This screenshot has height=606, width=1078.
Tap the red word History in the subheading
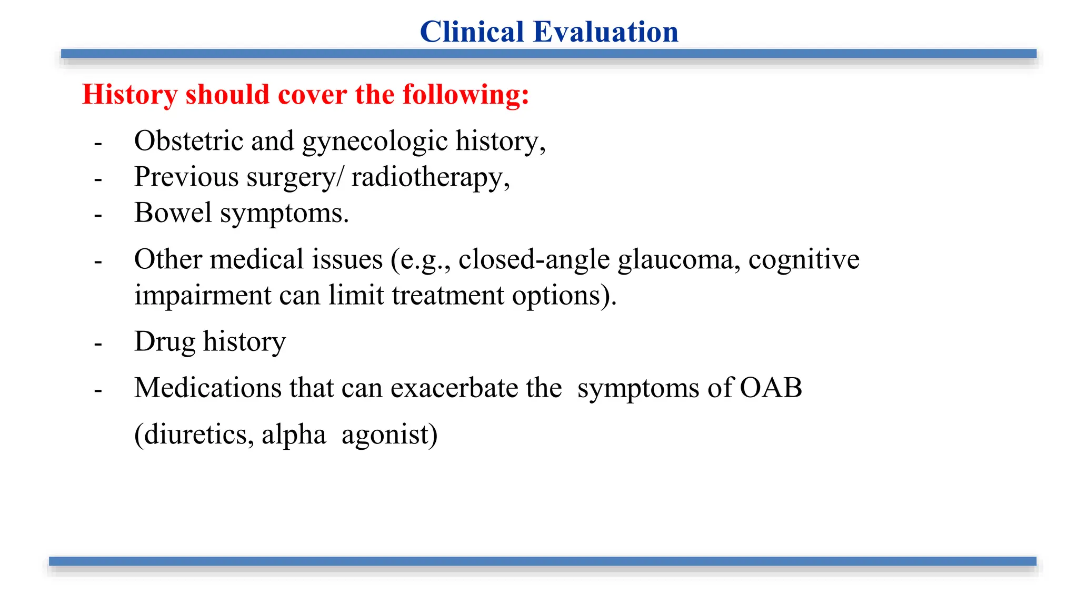(x=129, y=95)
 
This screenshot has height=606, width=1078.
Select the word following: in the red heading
(x=466, y=95)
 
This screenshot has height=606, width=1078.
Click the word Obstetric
(x=188, y=141)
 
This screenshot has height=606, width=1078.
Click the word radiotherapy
(x=430, y=177)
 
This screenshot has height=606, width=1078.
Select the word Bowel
(x=173, y=213)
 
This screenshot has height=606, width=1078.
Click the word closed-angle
(x=534, y=260)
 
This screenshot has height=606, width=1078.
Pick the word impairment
(x=202, y=296)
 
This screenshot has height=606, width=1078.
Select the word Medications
(x=207, y=388)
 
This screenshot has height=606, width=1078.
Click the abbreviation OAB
(x=771, y=388)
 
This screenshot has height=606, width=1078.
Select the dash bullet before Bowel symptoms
(x=98, y=215)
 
